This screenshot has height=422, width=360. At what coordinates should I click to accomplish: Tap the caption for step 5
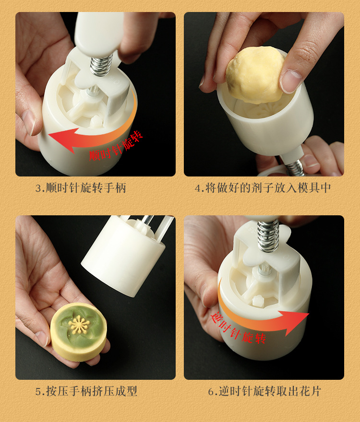[86, 391]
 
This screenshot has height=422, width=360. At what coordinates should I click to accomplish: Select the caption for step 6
[264, 391]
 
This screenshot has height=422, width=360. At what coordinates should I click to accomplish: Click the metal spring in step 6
[268, 237]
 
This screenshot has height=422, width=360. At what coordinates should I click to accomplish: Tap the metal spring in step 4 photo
[293, 166]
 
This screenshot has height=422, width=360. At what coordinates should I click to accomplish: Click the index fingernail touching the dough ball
[291, 82]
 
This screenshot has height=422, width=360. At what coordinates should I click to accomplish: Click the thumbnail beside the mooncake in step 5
[42, 338]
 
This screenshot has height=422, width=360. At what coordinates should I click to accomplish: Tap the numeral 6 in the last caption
[211, 392]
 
